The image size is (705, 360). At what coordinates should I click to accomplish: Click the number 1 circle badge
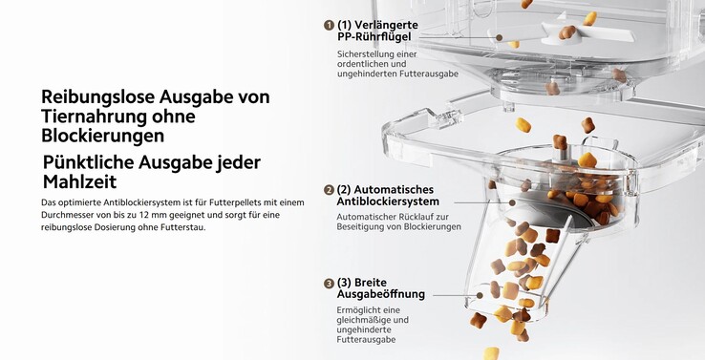[329, 25]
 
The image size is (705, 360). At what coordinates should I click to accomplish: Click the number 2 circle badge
[329, 190]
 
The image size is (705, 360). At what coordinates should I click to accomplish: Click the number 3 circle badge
[329, 284]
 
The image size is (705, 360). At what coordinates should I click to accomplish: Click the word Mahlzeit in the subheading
[80, 182]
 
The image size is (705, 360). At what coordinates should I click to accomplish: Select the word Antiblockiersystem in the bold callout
[388, 202]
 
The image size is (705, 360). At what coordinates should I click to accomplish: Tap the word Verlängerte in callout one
[387, 25]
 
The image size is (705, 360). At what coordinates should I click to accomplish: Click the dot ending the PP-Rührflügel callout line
[500, 37]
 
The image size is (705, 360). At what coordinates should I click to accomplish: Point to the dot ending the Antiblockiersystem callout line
[513, 202]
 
